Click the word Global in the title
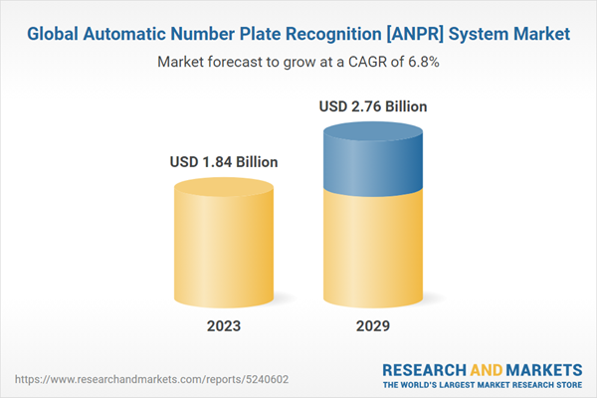pyautogui.click(x=54, y=34)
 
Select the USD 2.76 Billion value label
pyautogui.click(x=373, y=105)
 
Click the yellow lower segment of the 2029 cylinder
pyautogui.click(x=373, y=249)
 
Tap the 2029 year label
pyautogui.click(x=373, y=326)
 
